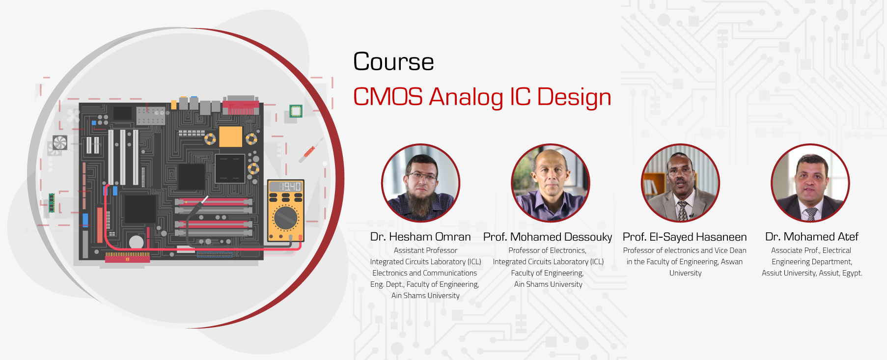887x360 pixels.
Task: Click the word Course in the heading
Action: pos(393,62)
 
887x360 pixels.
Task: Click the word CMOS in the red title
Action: pos(388,97)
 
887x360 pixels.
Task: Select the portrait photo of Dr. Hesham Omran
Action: pos(421,183)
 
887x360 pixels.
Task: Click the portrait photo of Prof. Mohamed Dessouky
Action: pos(550,183)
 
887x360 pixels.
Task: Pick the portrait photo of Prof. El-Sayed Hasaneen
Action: pos(680,183)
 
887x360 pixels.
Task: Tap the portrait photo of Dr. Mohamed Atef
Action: pos(810,183)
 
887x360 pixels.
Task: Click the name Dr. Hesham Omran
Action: pos(420,237)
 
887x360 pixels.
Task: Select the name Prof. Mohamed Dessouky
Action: pos(547,237)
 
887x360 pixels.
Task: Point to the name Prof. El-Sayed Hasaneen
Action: pos(684,237)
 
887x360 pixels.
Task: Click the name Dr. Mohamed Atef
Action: pos(811,237)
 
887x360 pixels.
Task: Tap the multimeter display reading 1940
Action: pos(286,187)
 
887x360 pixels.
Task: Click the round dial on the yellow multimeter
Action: pos(285,218)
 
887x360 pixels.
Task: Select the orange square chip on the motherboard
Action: pos(230,137)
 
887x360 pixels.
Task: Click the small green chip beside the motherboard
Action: pos(295,111)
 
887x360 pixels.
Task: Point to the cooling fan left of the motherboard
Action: pos(60,142)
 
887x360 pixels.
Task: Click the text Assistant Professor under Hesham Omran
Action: pos(425,250)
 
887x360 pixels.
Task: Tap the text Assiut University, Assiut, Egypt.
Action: pos(811,273)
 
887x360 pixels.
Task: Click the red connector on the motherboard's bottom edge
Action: pos(127,257)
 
